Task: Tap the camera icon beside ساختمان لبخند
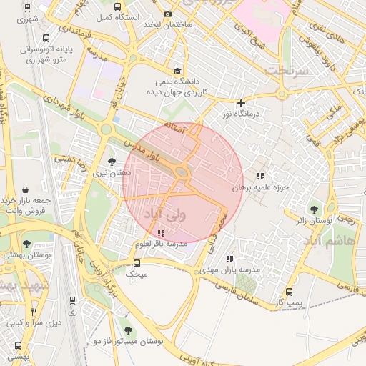tap(168, 14)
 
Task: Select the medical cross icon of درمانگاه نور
tap(241, 103)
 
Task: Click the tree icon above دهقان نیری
tap(111, 162)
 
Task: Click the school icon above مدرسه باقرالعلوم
tap(160, 233)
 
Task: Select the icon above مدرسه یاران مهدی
tap(229, 259)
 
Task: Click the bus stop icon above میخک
tap(137, 262)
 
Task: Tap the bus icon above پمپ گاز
tap(289, 292)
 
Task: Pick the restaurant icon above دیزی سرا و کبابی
tap(34, 312)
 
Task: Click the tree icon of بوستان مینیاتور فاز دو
tap(127, 330)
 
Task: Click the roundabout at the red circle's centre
tap(182, 172)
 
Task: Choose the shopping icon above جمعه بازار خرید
tap(26, 189)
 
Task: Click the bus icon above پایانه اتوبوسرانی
tap(46, 39)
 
